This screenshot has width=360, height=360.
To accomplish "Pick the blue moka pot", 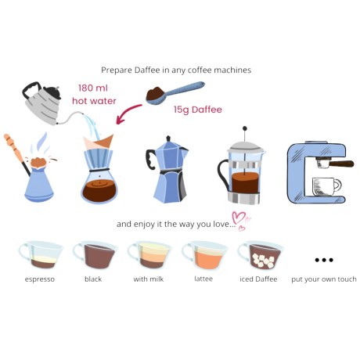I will point(167,167).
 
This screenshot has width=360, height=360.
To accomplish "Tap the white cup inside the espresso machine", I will point(325,185).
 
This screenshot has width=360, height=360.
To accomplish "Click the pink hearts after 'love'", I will point(239,222).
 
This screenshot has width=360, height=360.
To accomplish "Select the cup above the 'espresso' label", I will point(38,255).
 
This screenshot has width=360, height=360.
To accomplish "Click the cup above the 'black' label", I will point(92,255).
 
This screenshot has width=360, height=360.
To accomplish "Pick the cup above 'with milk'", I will point(147,255).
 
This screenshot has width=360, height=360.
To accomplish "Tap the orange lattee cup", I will point(202,255).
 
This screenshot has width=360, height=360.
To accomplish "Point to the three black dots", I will point(323,260).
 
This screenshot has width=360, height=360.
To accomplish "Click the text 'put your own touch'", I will point(323,279).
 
